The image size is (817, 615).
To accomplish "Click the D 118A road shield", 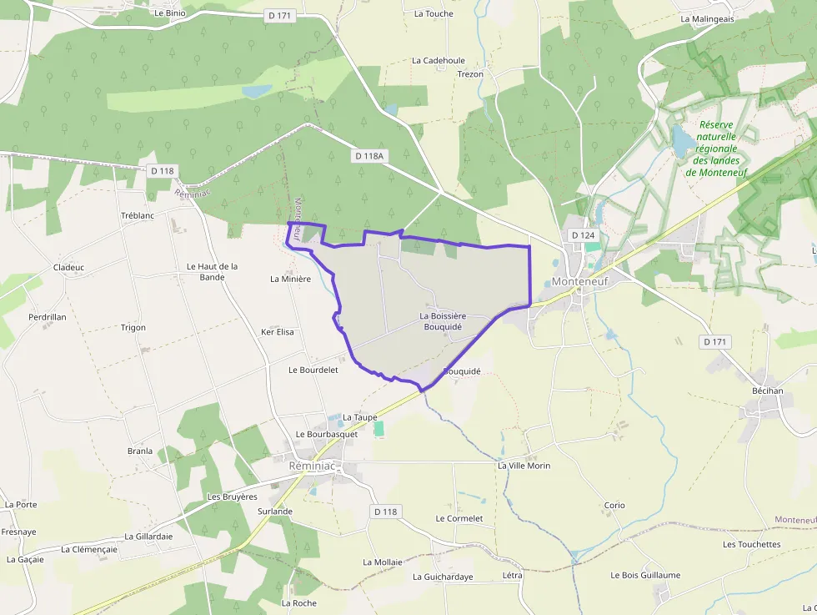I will (369, 156).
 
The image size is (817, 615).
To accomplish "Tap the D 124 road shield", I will (584, 235).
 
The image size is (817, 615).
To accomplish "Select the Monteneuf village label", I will (580, 282).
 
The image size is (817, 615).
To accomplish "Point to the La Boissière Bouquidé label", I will (443, 321).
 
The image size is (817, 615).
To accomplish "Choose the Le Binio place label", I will (170, 13).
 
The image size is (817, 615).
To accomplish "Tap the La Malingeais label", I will (707, 18).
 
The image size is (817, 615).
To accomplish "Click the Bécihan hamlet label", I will (767, 391).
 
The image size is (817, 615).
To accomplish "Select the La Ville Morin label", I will (524, 466).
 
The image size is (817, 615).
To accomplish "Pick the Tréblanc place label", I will (138, 215).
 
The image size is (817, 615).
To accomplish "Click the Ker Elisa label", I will (278, 332).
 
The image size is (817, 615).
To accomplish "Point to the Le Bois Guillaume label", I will (645, 575).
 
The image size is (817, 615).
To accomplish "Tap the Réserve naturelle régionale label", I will (716, 149).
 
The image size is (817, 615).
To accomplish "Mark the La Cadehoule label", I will (439, 61).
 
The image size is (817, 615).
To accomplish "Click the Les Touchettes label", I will (751, 545).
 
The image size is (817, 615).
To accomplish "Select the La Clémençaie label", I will (89, 550).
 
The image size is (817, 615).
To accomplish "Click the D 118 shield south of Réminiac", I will (386, 511).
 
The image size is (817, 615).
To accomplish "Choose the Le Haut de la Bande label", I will (212, 271).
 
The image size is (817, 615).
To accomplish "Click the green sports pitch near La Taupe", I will (379, 428).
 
